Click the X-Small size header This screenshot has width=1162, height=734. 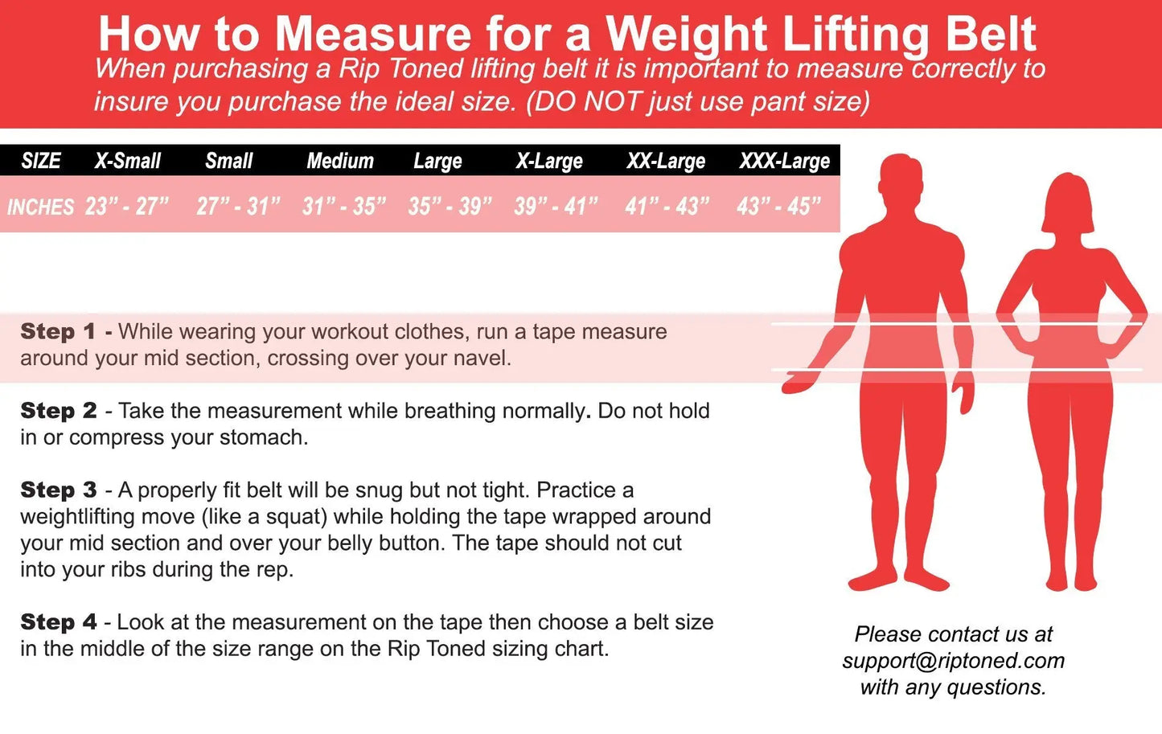(x=128, y=161)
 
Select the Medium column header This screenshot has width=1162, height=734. (x=340, y=161)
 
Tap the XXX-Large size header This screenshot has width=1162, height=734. (x=784, y=162)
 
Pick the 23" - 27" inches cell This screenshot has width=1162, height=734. (x=127, y=207)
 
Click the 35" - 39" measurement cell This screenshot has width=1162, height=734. (x=450, y=207)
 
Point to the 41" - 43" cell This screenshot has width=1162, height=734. (x=667, y=207)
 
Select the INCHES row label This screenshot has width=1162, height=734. (x=40, y=207)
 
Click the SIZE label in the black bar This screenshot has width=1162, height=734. (x=41, y=161)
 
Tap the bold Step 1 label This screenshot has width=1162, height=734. (x=58, y=331)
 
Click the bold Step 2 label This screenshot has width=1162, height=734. (x=59, y=411)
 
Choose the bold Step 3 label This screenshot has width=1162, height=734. (x=59, y=490)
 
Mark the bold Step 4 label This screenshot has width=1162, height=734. (x=59, y=622)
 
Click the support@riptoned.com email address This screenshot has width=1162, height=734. (x=954, y=661)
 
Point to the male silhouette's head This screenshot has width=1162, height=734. (x=901, y=181)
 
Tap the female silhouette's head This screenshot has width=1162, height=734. (x=1068, y=205)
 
